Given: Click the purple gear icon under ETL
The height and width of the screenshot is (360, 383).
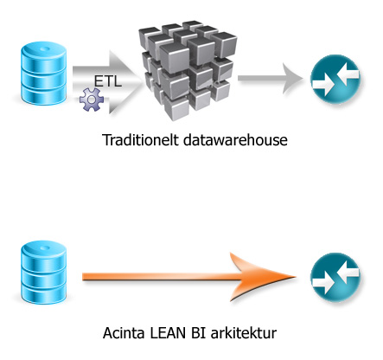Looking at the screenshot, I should tap(91, 100).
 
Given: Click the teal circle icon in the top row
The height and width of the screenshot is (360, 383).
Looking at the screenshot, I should tap(334, 81).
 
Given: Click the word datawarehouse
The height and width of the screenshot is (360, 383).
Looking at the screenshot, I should tap(227, 139).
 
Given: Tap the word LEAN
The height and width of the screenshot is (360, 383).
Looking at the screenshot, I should tap(163, 332).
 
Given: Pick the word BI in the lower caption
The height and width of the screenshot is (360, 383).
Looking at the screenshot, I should tap(193, 332).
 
